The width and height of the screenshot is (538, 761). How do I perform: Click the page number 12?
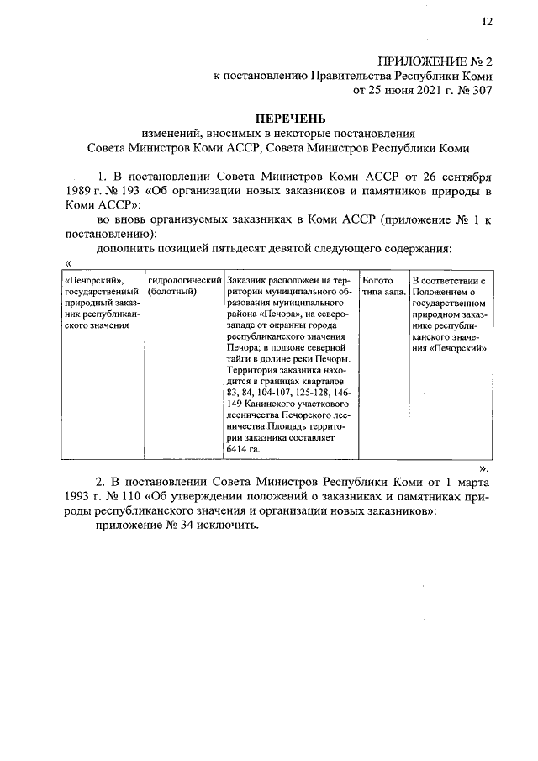click(x=487, y=23)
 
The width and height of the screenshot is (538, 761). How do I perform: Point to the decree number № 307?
click(x=471, y=89)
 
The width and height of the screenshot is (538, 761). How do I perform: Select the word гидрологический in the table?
click(x=184, y=280)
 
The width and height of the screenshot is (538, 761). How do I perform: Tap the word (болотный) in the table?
click(x=171, y=292)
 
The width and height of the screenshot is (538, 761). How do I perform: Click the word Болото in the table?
click(x=377, y=280)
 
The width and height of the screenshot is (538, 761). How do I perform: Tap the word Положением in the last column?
click(x=442, y=292)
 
